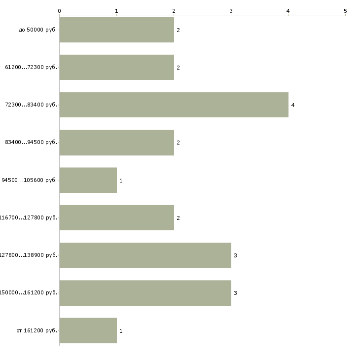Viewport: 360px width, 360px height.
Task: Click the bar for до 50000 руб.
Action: (116, 30)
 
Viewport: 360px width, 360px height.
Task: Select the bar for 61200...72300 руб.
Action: (116, 67)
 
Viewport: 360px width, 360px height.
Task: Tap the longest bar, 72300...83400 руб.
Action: (174, 105)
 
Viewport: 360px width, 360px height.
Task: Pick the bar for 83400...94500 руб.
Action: (116, 143)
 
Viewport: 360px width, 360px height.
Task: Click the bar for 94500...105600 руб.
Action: (88, 180)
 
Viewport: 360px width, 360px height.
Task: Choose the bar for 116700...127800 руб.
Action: (116, 217)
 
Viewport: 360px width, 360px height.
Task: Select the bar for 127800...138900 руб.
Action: (145, 255)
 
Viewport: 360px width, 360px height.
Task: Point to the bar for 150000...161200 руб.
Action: (145, 293)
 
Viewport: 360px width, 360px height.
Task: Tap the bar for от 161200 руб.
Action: (88, 330)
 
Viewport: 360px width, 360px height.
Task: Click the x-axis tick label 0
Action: (59, 10)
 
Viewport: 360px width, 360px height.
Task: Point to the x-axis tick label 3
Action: (231, 10)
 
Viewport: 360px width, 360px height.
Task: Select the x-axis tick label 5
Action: (345, 10)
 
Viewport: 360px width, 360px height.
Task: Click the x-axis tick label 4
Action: (288, 10)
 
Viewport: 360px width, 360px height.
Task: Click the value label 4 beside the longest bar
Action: (293, 105)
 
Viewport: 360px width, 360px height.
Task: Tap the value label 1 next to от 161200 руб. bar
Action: (121, 331)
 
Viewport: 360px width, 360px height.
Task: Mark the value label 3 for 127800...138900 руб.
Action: (235, 255)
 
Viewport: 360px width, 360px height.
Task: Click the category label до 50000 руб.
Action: (38, 30)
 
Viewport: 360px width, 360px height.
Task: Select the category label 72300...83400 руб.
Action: (31, 105)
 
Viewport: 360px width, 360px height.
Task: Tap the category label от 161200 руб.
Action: (37, 331)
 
